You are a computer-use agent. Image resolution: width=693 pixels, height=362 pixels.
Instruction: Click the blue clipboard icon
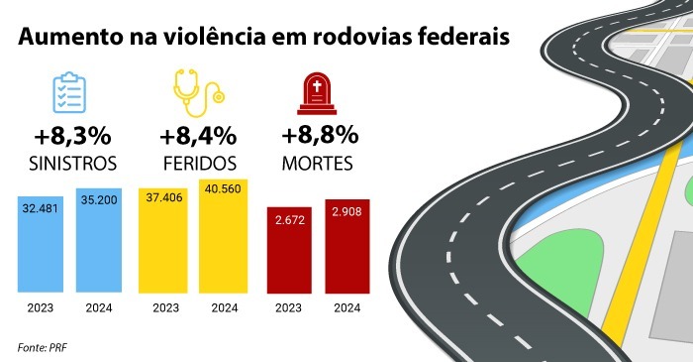pyautogui.click(x=69, y=92)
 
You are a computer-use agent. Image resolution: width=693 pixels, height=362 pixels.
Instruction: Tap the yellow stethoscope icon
pyautogui.click(x=198, y=93)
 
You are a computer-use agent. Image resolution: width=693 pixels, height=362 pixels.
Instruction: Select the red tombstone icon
pyautogui.click(x=317, y=93)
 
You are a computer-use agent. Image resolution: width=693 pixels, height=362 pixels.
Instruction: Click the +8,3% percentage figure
pyautogui.click(x=72, y=136)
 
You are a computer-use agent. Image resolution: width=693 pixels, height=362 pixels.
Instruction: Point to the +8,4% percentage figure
pyautogui.click(x=198, y=136)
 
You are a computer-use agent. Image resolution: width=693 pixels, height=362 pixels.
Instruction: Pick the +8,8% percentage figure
pyautogui.click(x=320, y=135)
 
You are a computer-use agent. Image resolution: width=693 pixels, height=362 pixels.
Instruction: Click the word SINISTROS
pyautogui.click(x=73, y=164)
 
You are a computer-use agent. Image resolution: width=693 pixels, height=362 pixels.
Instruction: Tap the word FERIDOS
pyautogui.click(x=200, y=164)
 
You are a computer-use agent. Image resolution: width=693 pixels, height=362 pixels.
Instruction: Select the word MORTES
pyautogui.click(x=318, y=164)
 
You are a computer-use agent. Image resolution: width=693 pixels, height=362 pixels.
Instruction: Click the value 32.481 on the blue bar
pyautogui.click(x=41, y=208)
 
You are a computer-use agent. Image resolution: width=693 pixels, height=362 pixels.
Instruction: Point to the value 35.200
pyautogui.click(x=99, y=200)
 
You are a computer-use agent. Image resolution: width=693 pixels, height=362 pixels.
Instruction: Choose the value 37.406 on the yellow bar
pyautogui.click(x=164, y=197)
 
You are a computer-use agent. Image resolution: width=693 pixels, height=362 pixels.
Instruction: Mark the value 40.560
pyautogui.click(x=223, y=189)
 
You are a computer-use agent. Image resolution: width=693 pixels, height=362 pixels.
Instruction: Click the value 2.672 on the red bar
pyautogui.click(x=290, y=220)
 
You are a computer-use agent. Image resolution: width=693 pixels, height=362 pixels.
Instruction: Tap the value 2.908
pyautogui.click(x=346, y=211)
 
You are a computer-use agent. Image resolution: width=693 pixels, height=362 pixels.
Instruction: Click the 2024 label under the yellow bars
pyautogui.click(x=225, y=307)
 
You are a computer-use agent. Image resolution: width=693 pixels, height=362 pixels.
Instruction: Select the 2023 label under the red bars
pyautogui.click(x=288, y=307)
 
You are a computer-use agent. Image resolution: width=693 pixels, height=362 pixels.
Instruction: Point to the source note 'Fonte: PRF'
pyautogui.click(x=43, y=347)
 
